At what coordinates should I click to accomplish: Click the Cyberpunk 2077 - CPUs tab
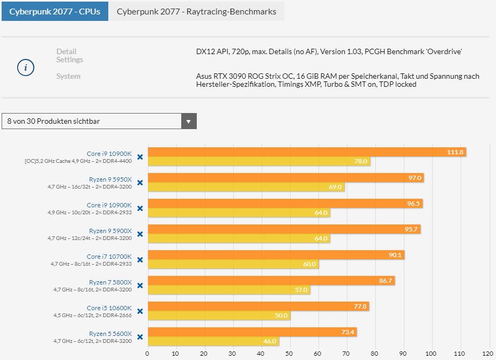pos(55,11)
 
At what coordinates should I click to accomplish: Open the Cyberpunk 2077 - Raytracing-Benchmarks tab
pos(196,11)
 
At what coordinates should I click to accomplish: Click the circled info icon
pos(26,68)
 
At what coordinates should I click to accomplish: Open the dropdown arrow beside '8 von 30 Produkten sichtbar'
pos(188,122)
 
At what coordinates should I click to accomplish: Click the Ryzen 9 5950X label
pos(110,179)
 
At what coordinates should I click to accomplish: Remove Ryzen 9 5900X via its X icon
pos(140,234)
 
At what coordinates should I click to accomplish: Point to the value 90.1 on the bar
pos(395,255)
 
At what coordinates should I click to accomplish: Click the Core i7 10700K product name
pos(109,256)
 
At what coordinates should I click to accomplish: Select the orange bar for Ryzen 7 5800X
pos(271,281)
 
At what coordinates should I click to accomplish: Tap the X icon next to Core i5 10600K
pos(140,311)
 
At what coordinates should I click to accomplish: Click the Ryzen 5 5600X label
pos(110,333)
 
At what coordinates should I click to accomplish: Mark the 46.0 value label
pos(270,341)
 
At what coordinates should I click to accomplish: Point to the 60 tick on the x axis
pos(317,354)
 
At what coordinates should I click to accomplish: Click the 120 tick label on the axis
pos(487,354)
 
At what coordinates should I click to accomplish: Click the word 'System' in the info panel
pos(68,76)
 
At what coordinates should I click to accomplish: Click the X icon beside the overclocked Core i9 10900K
pos(140,157)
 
